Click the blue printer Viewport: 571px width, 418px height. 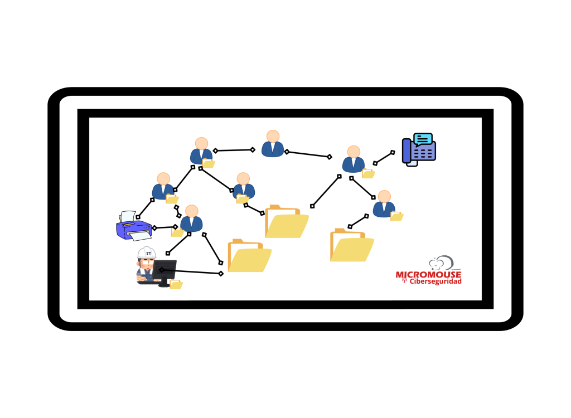click(x=134, y=226)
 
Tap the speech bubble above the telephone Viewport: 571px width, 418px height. click(x=423, y=139)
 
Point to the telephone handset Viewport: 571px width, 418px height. click(x=407, y=150)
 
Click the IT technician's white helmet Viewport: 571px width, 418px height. click(x=147, y=252)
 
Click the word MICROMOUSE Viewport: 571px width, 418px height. click(x=428, y=275)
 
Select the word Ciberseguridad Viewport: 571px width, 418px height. click(x=435, y=281)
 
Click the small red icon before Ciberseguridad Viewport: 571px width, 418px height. click(x=404, y=280)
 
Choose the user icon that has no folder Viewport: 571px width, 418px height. click(x=273, y=144)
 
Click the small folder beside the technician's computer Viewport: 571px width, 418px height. click(x=176, y=284)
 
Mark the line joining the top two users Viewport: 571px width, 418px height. click(x=234, y=150)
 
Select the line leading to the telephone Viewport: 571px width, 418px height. click(x=384, y=158)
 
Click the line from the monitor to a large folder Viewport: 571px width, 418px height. click(x=191, y=271)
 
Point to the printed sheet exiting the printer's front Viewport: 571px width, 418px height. click(x=140, y=236)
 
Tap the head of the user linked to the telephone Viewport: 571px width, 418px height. click(x=354, y=152)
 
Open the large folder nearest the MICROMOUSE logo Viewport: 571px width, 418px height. click(x=351, y=245)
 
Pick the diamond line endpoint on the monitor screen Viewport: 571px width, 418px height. click(x=162, y=270)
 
